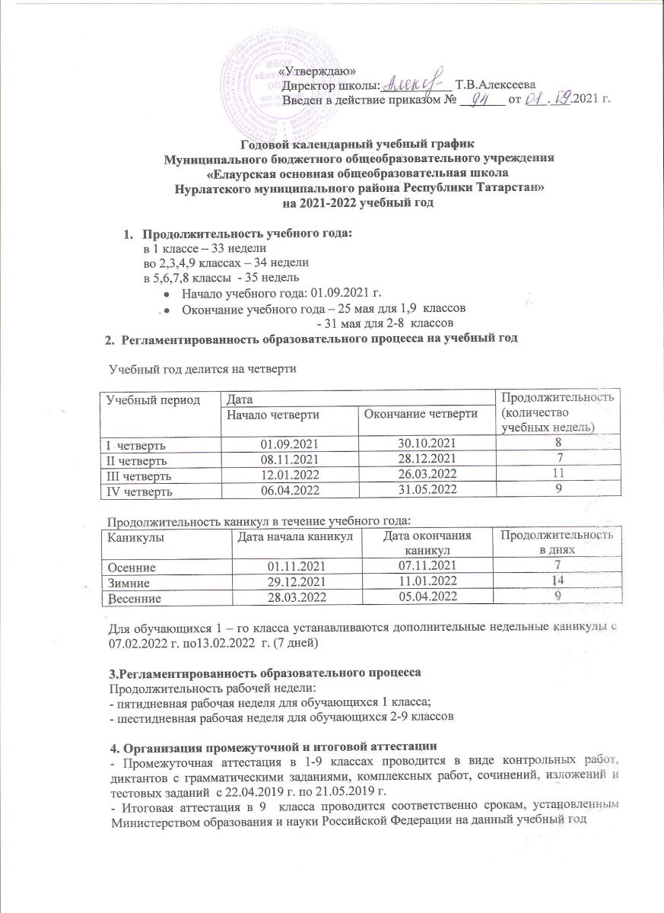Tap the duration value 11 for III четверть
(559, 476)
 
